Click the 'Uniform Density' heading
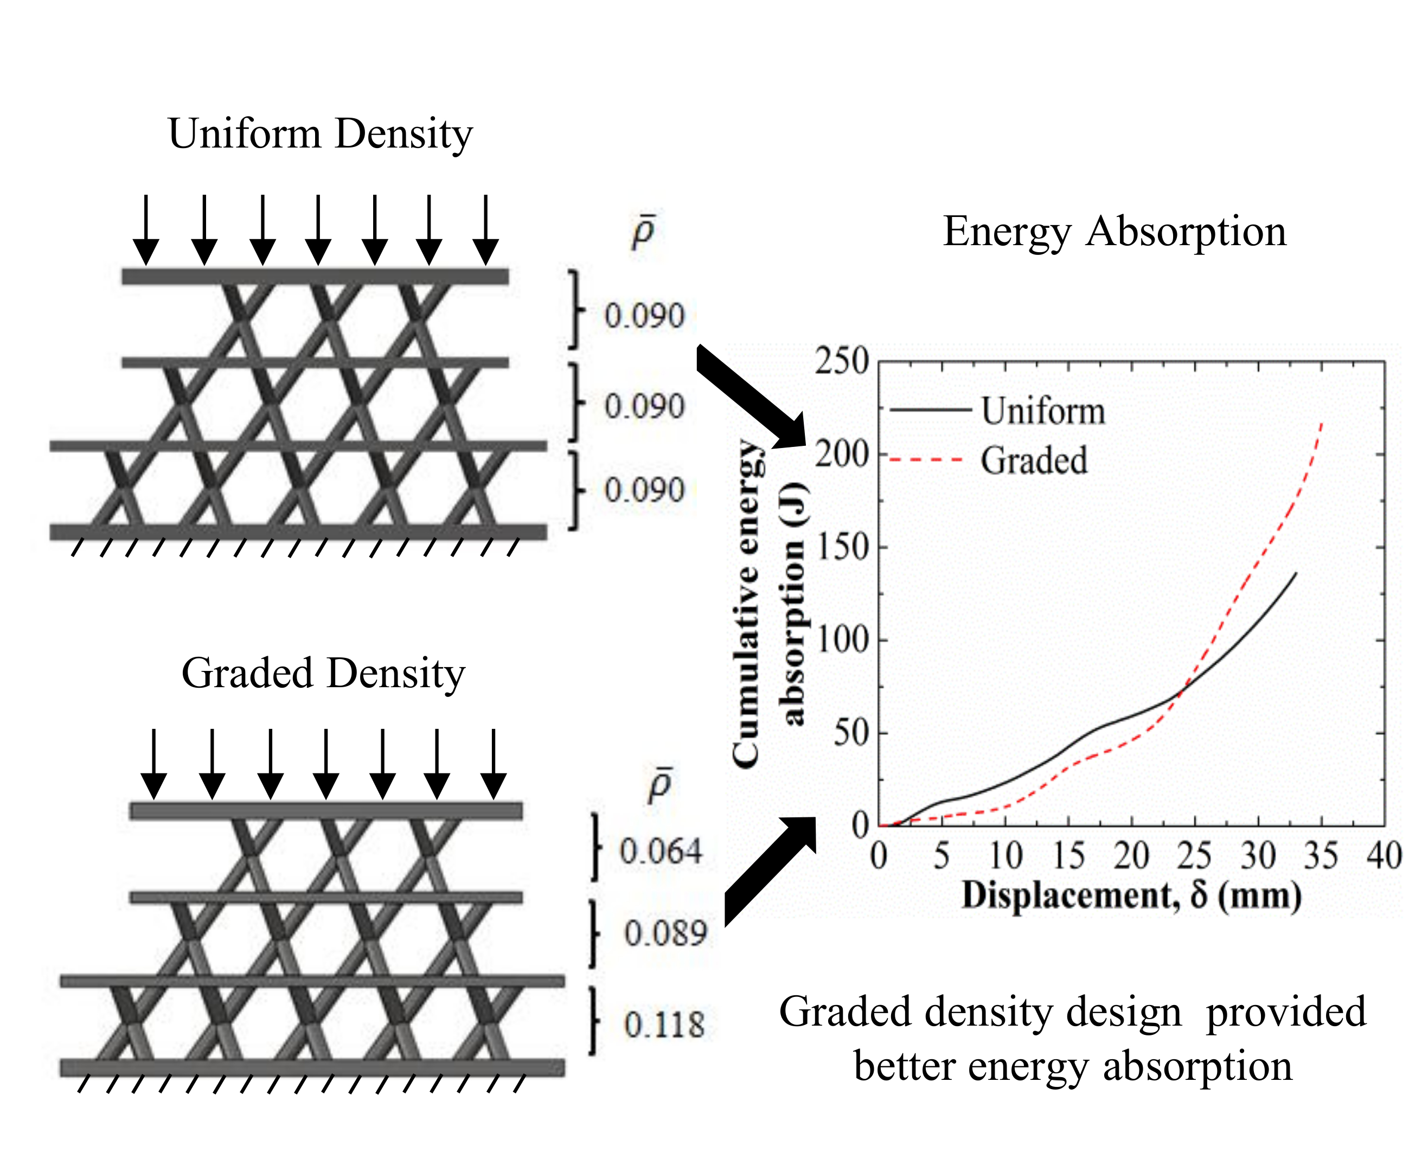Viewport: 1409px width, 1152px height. [321, 134]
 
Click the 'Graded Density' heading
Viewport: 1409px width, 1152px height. [323, 674]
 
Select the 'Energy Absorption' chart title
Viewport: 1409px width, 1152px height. [1114, 232]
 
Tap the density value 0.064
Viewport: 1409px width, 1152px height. [660, 852]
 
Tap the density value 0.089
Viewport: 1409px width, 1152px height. [665, 933]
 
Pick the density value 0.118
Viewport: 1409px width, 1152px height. [663, 1025]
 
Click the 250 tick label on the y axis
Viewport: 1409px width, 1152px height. [841, 362]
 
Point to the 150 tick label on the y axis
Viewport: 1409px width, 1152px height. [841, 548]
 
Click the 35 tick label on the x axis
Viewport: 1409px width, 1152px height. [1320, 856]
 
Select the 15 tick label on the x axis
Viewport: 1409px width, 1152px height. [1068, 856]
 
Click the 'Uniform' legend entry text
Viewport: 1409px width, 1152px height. [1043, 412]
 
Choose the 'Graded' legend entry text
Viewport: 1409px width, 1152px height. [1034, 460]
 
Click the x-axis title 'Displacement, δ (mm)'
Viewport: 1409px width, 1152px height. [1131, 896]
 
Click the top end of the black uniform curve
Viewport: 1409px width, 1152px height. [1295, 573]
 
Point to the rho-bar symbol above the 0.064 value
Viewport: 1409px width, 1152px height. [659, 786]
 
